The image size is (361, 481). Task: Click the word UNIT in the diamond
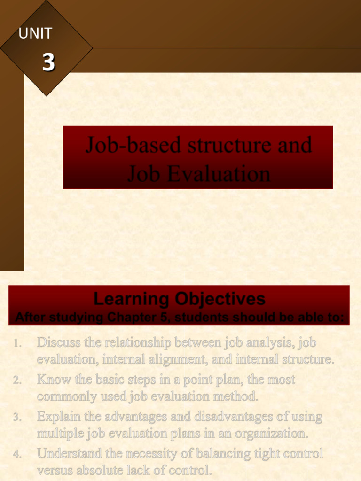pos(35,33)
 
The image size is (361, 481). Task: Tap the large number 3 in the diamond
pos(48,62)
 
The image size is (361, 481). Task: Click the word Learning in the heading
pos(132,299)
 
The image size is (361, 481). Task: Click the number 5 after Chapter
pos(159,318)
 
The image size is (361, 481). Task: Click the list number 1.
pos(18,344)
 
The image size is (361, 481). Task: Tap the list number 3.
pos(18,417)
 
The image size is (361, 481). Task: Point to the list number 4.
pos(18,454)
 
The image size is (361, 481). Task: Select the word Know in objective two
pos(53,379)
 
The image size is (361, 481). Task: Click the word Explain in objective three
pos(61,416)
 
